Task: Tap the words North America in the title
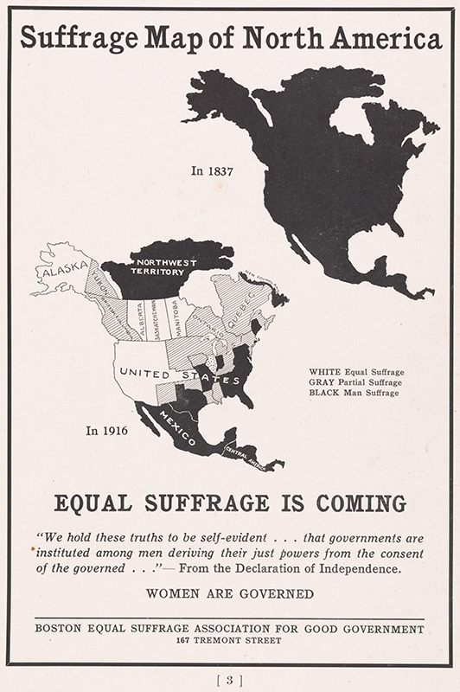[356, 39]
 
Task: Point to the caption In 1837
[213, 171]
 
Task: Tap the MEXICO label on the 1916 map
[177, 425]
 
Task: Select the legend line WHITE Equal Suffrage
[356, 373]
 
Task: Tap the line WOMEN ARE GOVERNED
[229, 593]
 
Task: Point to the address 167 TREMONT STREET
[229, 641]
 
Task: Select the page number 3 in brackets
[229, 679]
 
